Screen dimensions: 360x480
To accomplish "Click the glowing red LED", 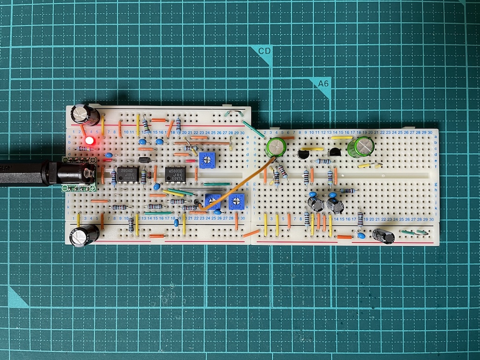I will pyautogui.click(x=89, y=141).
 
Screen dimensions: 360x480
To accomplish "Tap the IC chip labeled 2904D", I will pyautogui.click(x=127, y=174).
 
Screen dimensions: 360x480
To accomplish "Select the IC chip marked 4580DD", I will pyautogui.click(x=175, y=174).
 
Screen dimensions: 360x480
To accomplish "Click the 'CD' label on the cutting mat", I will pyautogui.click(x=265, y=51).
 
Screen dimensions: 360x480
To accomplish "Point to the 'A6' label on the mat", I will pyautogui.click(x=323, y=83).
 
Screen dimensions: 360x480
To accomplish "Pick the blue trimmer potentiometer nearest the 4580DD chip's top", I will pyautogui.click(x=205, y=160).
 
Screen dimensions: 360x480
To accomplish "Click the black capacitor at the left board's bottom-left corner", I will pyautogui.click(x=84, y=235).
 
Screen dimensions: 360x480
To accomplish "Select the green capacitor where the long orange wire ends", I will pyautogui.click(x=276, y=147).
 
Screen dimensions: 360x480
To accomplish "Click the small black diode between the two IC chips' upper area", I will pyautogui.click(x=144, y=160).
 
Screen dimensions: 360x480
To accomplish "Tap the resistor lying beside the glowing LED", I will pyautogui.click(x=82, y=149).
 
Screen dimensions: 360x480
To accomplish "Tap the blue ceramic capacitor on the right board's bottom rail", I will pyautogui.click(x=361, y=235).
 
